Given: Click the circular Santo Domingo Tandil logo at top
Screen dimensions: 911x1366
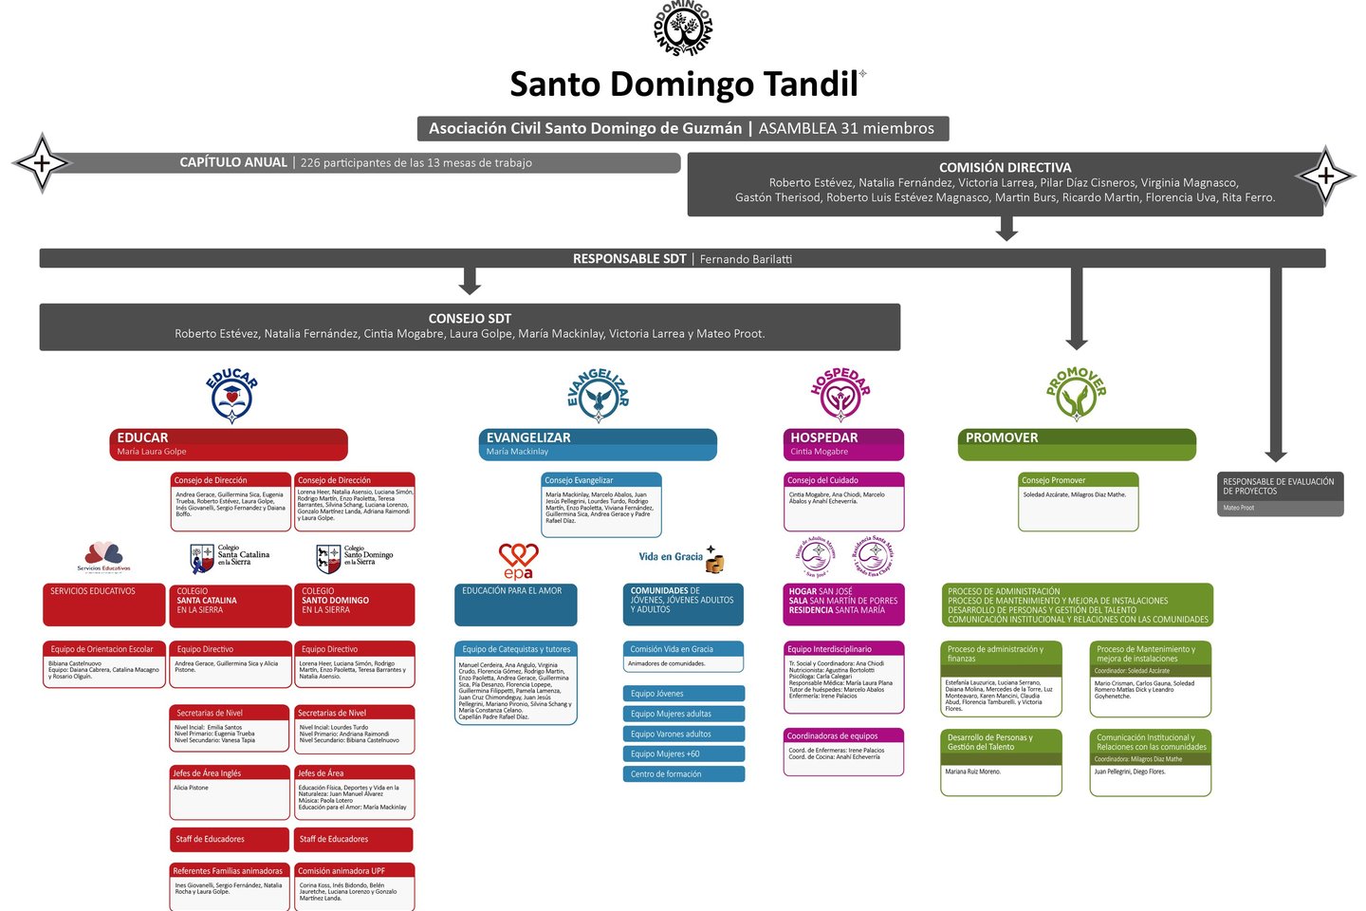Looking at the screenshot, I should pos(683,28).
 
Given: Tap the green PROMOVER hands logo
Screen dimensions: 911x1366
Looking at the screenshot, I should pos(1076,394).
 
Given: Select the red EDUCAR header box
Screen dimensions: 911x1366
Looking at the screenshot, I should pos(229,443).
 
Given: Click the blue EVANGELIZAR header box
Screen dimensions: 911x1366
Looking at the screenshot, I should pos(598,443).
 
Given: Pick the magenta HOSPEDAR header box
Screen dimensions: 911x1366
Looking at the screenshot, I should pos(843,443).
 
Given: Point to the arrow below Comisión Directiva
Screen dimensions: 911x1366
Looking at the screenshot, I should pos(1006,229).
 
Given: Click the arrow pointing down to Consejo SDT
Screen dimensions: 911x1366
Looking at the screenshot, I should pos(470,281).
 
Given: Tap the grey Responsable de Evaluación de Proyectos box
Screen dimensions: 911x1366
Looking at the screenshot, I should pos(1280,493).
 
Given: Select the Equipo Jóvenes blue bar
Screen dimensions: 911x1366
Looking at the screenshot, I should pos(683,694).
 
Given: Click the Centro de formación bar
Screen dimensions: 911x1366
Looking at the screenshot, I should pos(683,774).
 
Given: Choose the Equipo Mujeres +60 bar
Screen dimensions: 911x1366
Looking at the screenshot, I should pos(683,754).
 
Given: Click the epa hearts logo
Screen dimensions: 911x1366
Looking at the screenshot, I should pos(518,560).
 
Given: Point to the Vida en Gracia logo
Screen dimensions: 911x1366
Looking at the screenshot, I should pos(681,559).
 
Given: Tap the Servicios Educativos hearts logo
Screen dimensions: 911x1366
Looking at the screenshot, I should pos(103,556).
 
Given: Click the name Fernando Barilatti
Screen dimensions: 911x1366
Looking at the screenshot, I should pos(746,259).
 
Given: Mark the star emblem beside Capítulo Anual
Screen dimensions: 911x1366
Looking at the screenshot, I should pos(42,163).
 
